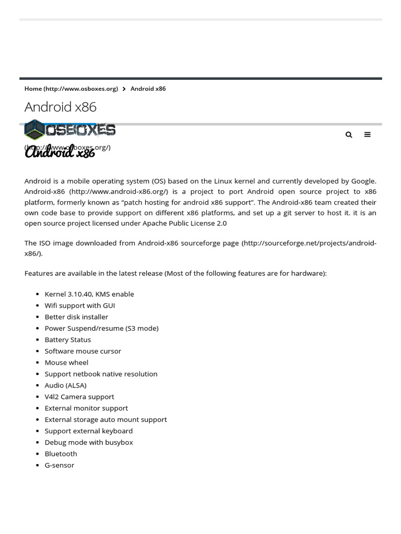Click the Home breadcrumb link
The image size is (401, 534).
coord(71,89)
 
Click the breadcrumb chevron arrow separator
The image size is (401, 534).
coord(124,89)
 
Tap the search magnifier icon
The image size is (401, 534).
coord(349,135)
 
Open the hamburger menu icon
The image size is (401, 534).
coord(368,135)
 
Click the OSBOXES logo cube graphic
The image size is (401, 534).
coord(34,130)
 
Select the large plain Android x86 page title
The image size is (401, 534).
coord(61,107)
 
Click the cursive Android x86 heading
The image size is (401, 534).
coord(60,153)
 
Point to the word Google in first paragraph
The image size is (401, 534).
coord(363,181)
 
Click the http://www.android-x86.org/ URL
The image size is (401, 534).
coord(119,191)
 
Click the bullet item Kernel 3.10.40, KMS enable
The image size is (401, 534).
coord(89,294)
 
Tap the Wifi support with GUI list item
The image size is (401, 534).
coord(80,306)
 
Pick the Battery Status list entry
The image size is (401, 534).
coord(68,339)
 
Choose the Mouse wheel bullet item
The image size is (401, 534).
coord(66,362)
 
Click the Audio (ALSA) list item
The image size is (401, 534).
coord(66,385)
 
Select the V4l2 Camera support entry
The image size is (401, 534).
coord(79,397)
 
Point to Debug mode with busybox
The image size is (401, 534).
coord(89,442)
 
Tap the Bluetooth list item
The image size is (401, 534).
coord(61,454)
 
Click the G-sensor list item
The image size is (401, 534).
coord(60,465)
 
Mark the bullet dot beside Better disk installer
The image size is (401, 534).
coord(38,317)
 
